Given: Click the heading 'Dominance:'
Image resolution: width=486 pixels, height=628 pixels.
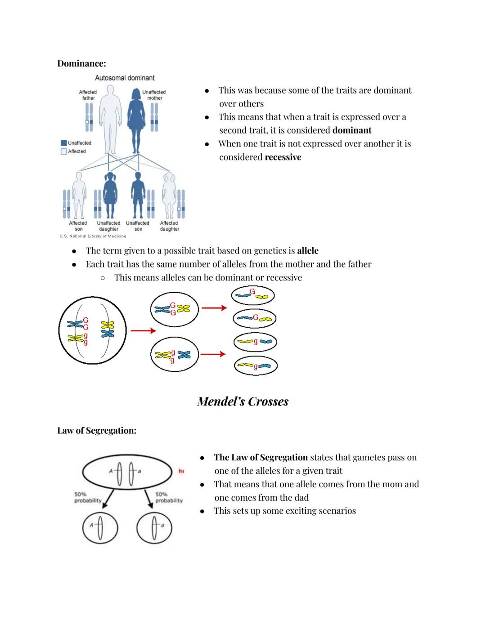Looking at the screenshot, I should (81, 63).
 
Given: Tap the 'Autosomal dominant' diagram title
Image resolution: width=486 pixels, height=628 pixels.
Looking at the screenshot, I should (125, 78).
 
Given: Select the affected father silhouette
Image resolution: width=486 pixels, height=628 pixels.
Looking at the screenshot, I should (110, 119).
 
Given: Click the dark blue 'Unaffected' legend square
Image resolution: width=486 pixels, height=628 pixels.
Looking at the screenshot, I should (63, 143).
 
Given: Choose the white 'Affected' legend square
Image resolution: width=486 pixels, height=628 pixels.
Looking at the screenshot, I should (63, 151).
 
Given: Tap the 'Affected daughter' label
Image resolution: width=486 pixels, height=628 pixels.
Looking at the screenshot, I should (169, 226).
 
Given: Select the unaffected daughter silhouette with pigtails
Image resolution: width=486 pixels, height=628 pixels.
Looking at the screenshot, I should (110, 195).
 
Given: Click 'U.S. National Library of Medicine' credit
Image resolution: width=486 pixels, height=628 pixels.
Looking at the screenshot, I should (93, 236).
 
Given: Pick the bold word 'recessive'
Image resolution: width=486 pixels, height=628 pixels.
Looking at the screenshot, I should (283, 157).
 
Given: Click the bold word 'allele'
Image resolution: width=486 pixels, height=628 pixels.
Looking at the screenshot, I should (307, 251).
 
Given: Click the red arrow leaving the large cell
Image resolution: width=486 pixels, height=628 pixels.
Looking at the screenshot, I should (143, 331).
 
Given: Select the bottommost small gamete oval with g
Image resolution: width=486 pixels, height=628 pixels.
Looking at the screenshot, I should (255, 365).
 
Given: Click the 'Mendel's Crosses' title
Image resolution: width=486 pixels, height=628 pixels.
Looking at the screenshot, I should (243, 401).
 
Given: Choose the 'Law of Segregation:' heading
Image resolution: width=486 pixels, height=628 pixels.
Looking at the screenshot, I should (97, 431).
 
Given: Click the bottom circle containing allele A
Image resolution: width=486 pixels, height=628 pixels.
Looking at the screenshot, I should (100, 528).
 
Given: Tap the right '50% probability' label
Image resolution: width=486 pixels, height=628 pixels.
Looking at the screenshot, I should (169, 497).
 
